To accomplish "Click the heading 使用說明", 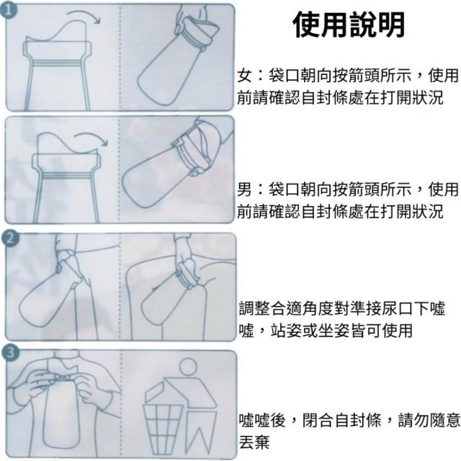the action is (x=349, y=24).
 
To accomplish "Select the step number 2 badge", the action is (x=10, y=238).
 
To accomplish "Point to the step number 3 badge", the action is (x=10, y=352).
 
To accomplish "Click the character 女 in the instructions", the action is (x=245, y=76).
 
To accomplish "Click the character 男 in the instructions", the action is (x=245, y=189).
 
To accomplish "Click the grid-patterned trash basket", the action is (x=162, y=428).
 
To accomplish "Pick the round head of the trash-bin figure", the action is (x=188, y=367).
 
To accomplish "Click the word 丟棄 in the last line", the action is (x=254, y=442).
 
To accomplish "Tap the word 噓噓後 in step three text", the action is (x=261, y=419).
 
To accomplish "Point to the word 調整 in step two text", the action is (x=254, y=308).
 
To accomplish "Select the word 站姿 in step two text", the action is (x=286, y=331).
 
